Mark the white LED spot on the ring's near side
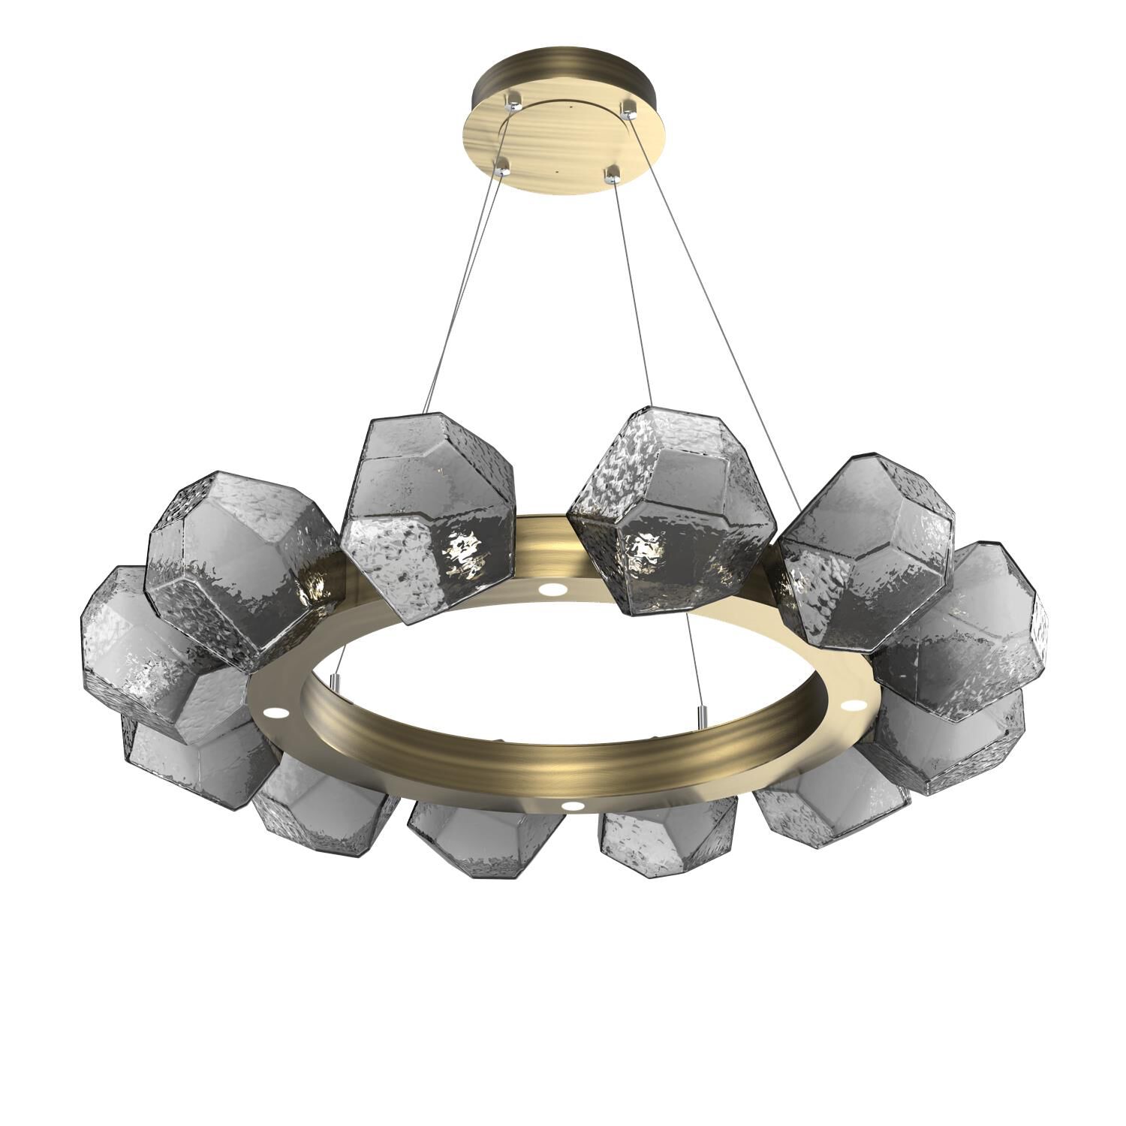[574, 806]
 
